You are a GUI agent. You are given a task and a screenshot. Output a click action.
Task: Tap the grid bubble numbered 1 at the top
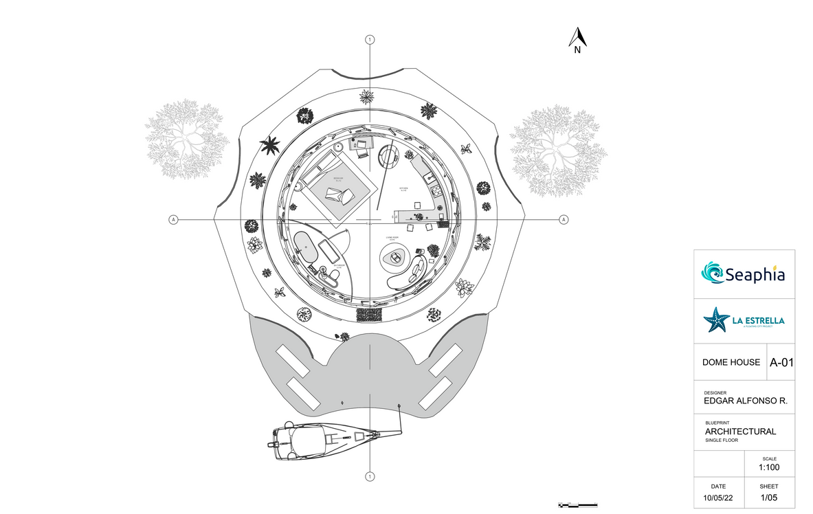[370, 40]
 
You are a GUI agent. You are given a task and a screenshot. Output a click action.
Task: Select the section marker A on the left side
[173, 219]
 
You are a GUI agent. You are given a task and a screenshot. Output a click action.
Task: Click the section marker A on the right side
[564, 219]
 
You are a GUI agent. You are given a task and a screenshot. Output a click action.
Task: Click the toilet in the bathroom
[333, 275]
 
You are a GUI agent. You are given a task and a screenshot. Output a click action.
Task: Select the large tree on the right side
[558, 150]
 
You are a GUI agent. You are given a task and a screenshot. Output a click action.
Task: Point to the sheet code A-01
[781, 362]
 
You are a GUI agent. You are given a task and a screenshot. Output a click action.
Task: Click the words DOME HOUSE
[731, 362]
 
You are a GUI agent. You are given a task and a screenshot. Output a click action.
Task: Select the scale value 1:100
[769, 468]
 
